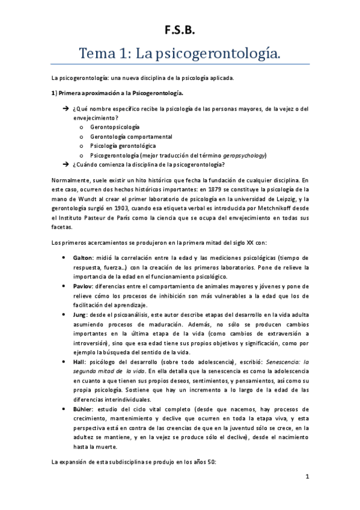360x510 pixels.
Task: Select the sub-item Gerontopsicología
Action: coord(114,127)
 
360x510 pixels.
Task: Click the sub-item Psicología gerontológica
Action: coord(123,146)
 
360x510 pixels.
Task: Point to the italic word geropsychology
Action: coord(241,155)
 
